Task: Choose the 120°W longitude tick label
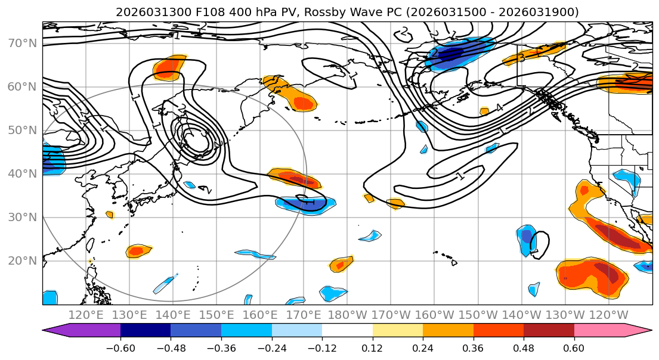(x=608, y=315)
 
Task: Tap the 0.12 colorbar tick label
(x=372, y=348)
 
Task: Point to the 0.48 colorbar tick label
(x=524, y=348)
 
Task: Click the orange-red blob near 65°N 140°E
(x=168, y=68)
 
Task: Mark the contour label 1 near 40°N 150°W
(x=460, y=176)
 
